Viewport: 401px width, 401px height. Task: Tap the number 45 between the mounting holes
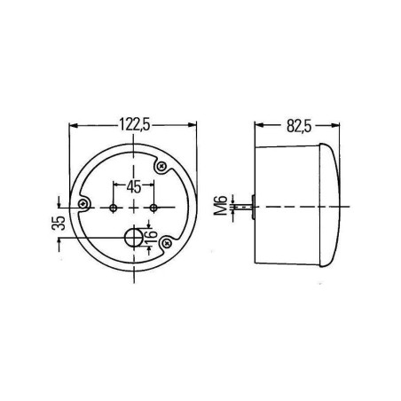[x=134, y=186]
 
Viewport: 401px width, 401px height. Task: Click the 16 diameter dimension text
[x=153, y=237]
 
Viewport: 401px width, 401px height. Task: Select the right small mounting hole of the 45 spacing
[x=153, y=207]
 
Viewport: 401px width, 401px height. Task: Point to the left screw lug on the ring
[x=83, y=206]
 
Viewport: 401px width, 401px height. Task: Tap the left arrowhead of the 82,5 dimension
[x=258, y=126]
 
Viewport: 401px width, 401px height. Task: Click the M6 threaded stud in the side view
[x=246, y=207]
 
